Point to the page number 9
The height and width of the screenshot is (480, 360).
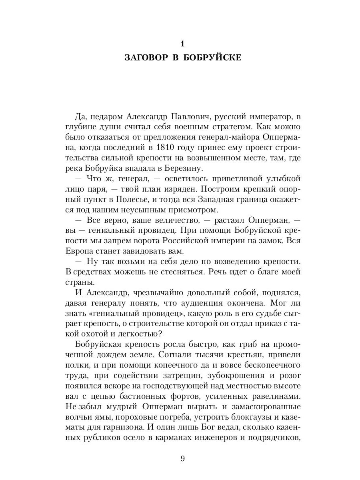[x=182, y=459]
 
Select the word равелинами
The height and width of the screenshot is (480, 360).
[x=272, y=397]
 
